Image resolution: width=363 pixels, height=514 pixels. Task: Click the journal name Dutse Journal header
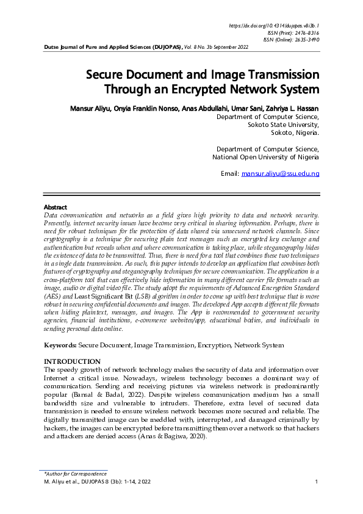(x=112, y=46)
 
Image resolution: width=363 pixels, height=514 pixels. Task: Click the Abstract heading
(x=56, y=208)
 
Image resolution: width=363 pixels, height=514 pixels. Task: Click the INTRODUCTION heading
(x=73, y=361)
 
